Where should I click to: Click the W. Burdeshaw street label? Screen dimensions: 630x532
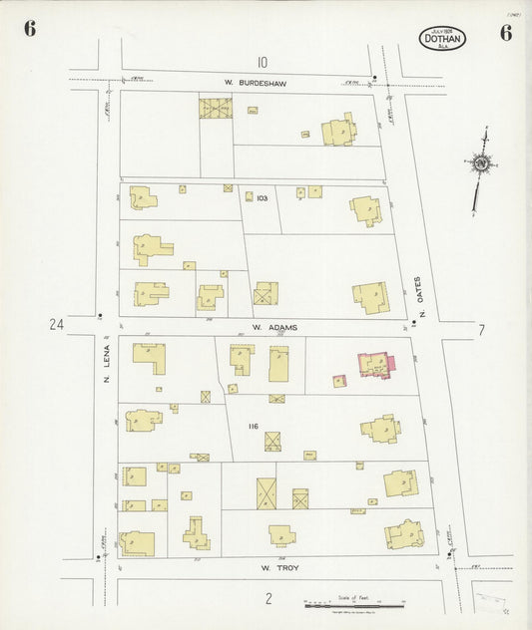[x=256, y=84]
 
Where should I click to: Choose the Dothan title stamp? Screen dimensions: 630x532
[x=442, y=40]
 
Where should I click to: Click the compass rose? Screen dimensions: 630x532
[x=483, y=161]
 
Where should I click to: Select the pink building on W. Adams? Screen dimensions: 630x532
[x=375, y=364]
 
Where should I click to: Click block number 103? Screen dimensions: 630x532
[x=262, y=198]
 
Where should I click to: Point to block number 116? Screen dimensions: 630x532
[x=254, y=427]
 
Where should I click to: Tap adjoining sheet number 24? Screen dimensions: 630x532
[x=56, y=324]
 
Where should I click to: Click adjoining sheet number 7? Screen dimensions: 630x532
[x=481, y=330]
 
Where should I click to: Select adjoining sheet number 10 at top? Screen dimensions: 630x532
[x=262, y=62]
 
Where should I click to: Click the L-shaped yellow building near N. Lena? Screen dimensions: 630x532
[x=150, y=357]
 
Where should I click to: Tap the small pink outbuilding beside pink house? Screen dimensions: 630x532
[x=339, y=380]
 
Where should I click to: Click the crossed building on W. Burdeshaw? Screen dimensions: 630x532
[x=215, y=108]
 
